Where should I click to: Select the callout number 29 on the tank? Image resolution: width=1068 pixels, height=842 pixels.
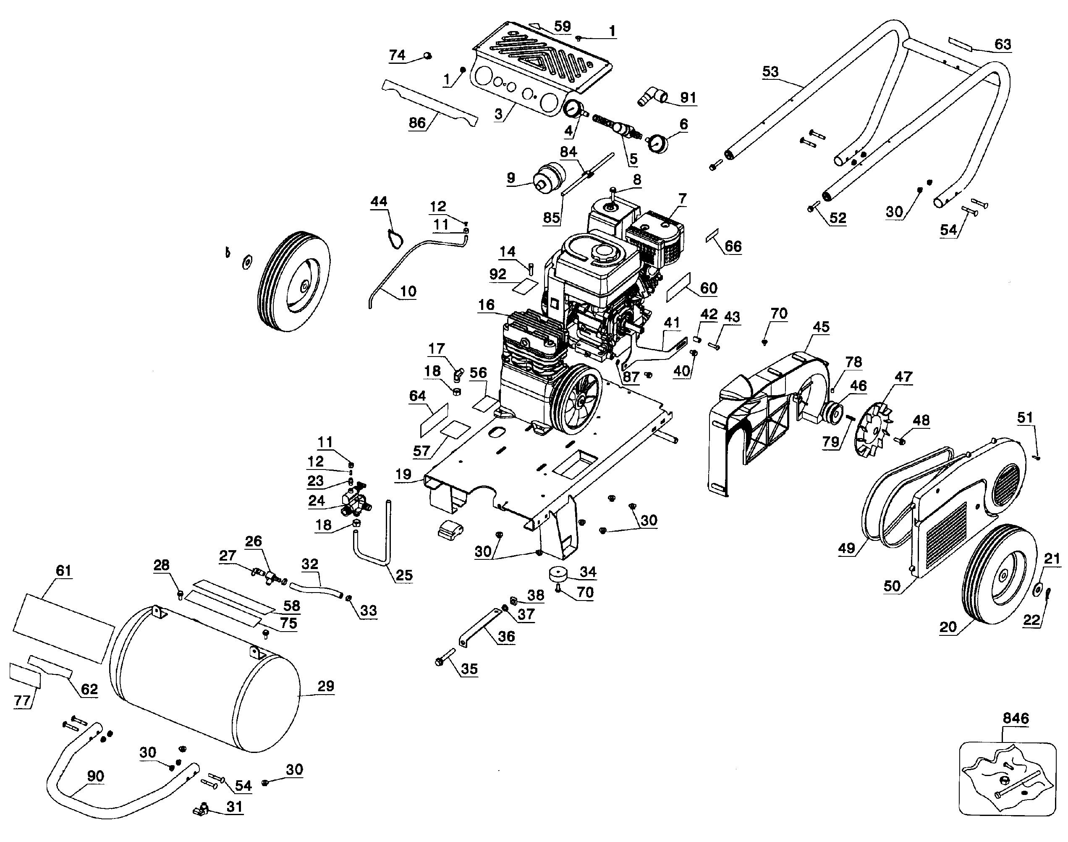(326, 686)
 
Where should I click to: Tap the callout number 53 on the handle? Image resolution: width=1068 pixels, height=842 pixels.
(770, 71)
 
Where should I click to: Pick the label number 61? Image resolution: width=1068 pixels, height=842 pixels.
(63, 570)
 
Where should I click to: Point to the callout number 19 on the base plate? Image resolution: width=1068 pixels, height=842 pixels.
(403, 474)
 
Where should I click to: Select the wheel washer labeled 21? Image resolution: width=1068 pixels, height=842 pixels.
(1037, 589)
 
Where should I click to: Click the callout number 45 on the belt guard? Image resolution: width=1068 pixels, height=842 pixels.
(821, 326)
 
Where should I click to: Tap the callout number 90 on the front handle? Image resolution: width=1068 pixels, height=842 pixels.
(96, 776)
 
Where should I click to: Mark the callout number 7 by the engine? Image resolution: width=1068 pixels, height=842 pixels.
(682, 199)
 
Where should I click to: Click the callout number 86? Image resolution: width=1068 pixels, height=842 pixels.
(417, 122)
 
